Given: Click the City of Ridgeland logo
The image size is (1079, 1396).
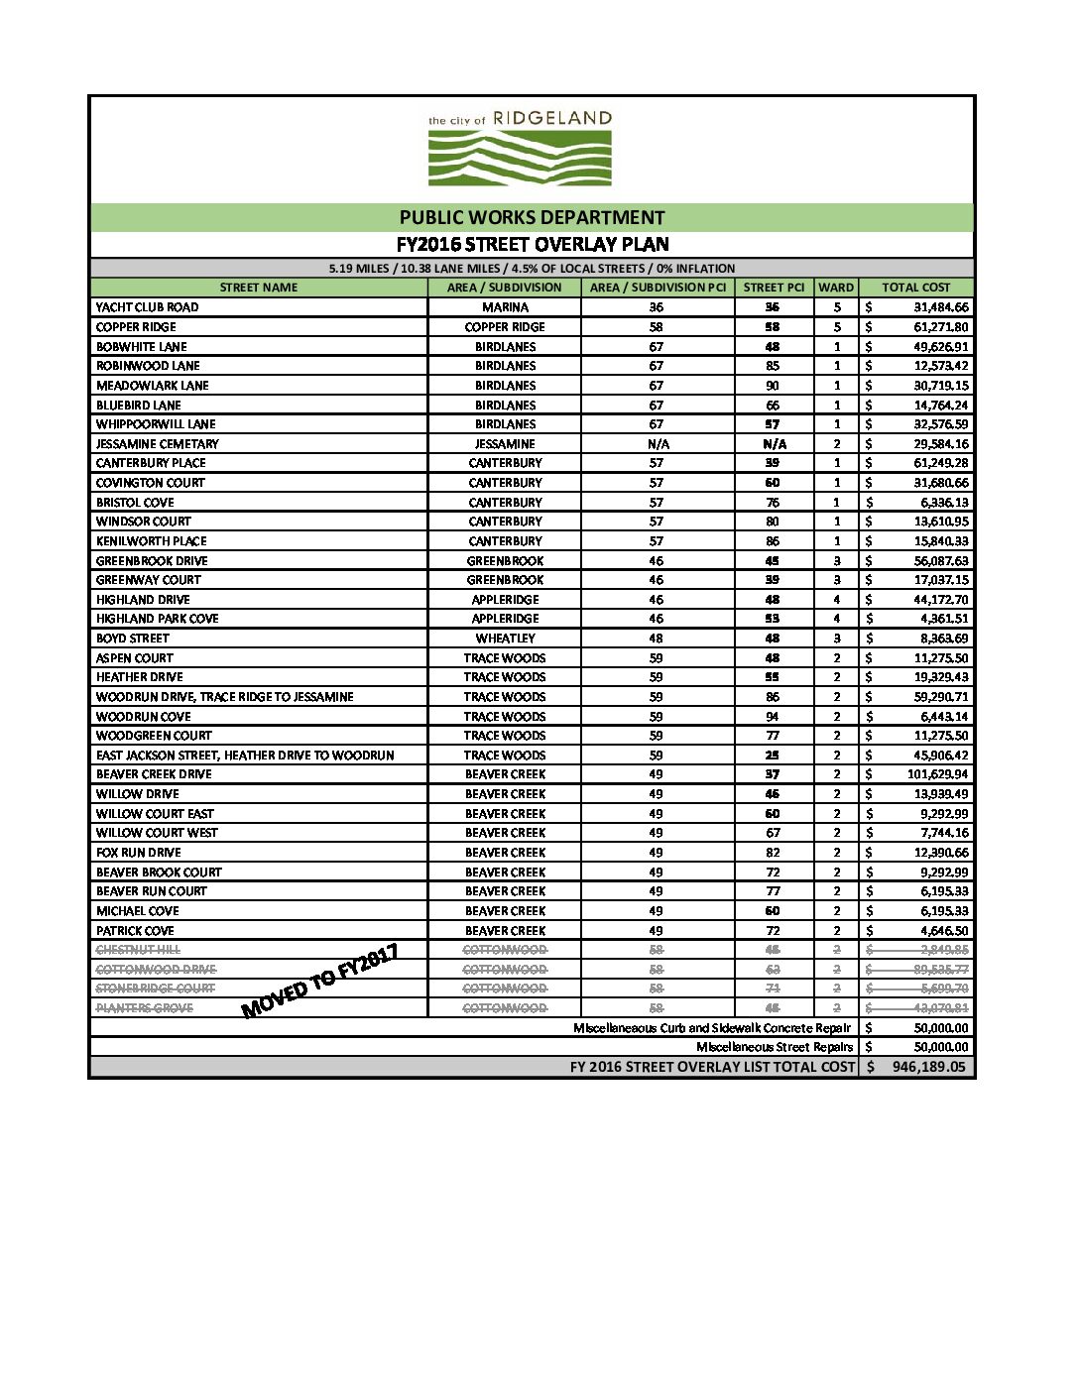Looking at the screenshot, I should [x=520, y=149].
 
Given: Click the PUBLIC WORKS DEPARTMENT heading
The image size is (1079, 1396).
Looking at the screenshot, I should [x=532, y=217].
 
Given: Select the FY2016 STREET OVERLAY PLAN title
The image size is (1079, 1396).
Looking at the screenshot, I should [x=532, y=244].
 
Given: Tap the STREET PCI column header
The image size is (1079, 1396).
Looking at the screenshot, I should [x=774, y=288].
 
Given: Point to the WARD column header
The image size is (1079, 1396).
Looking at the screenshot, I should [x=836, y=288].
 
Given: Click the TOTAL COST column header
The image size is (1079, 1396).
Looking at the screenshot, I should [x=915, y=288].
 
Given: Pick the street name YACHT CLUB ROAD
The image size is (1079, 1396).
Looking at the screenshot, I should [x=147, y=307].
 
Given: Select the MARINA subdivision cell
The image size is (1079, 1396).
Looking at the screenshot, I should [x=505, y=307].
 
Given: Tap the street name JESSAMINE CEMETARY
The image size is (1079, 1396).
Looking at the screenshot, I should [x=157, y=444].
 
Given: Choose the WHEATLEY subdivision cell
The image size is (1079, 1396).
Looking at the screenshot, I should [x=505, y=639].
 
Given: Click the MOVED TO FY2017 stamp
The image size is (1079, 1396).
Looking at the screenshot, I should [x=320, y=981].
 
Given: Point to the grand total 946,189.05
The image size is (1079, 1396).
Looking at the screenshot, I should [x=928, y=1067].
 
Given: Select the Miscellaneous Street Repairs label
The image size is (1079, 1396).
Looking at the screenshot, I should [x=774, y=1047].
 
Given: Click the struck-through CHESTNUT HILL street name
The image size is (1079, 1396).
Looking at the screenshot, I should [x=138, y=950].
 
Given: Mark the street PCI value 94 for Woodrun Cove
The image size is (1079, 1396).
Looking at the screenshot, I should [x=773, y=716].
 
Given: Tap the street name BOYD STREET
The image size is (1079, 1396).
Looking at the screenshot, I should [x=132, y=639].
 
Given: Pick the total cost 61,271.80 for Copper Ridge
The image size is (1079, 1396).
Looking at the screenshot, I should [x=940, y=327].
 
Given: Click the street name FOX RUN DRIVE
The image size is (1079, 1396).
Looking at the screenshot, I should [x=138, y=853].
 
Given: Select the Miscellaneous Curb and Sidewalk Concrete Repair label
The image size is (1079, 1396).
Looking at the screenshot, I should [x=711, y=1028].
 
